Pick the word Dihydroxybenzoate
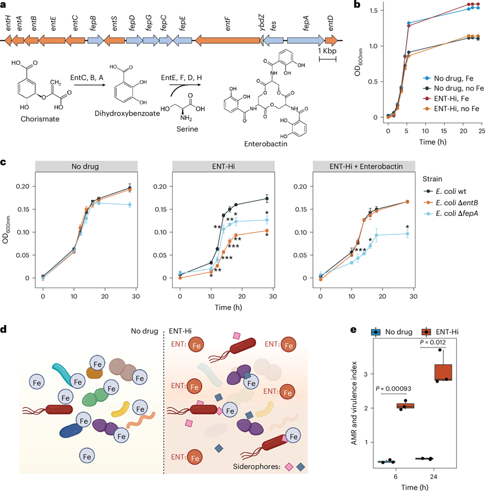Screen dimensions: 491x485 tap(110, 118)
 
